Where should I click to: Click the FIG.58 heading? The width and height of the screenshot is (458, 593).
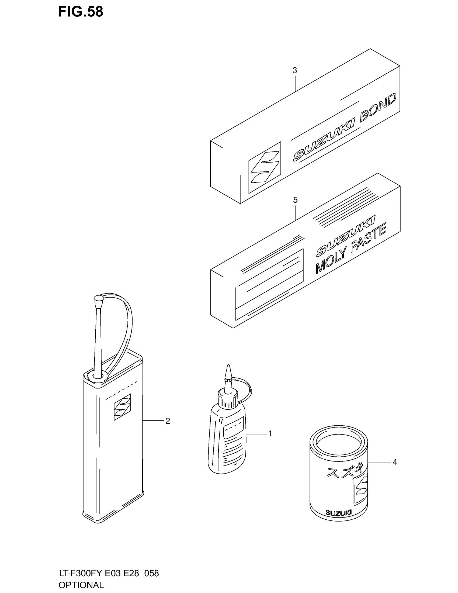pyautogui.click(x=81, y=12)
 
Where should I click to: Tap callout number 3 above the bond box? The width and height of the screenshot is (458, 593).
pyautogui.click(x=295, y=71)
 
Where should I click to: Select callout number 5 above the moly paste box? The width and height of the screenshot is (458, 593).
pyautogui.click(x=295, y=200)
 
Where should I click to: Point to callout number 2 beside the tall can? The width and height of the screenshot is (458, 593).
pyautogui.click(x=168, y=421)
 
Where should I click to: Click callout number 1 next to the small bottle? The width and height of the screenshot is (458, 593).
pyautogui.click(x=270, y=434)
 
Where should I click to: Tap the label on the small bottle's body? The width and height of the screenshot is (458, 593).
pyautogui.click(x=232, y=437)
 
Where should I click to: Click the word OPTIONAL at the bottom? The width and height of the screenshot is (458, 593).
pyautogui.click(x=81, y=585)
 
